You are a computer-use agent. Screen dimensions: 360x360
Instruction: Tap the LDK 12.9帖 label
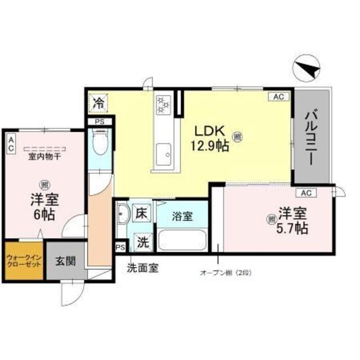[x=211, y=138]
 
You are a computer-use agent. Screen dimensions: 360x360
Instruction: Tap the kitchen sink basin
[x=165, y=153]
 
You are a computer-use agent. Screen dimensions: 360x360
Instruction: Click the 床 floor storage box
[x=143, y=214]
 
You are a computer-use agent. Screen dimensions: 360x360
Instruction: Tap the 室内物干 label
[x=45, y=157]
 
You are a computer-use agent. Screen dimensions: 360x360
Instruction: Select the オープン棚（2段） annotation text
[x=226, y=273]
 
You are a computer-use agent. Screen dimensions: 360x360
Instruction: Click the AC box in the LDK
[x=278, y=96]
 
